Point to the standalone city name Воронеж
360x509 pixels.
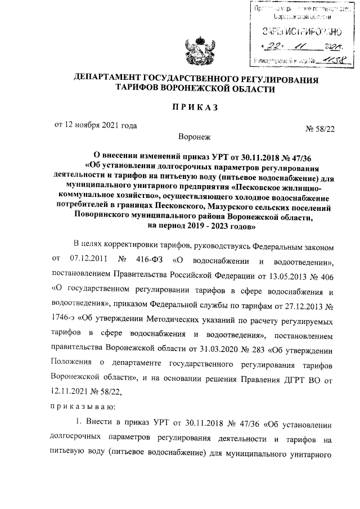(194, 137)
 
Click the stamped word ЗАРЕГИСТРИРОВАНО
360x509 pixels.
(295, 31)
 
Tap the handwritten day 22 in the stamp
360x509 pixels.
(269, 45)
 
